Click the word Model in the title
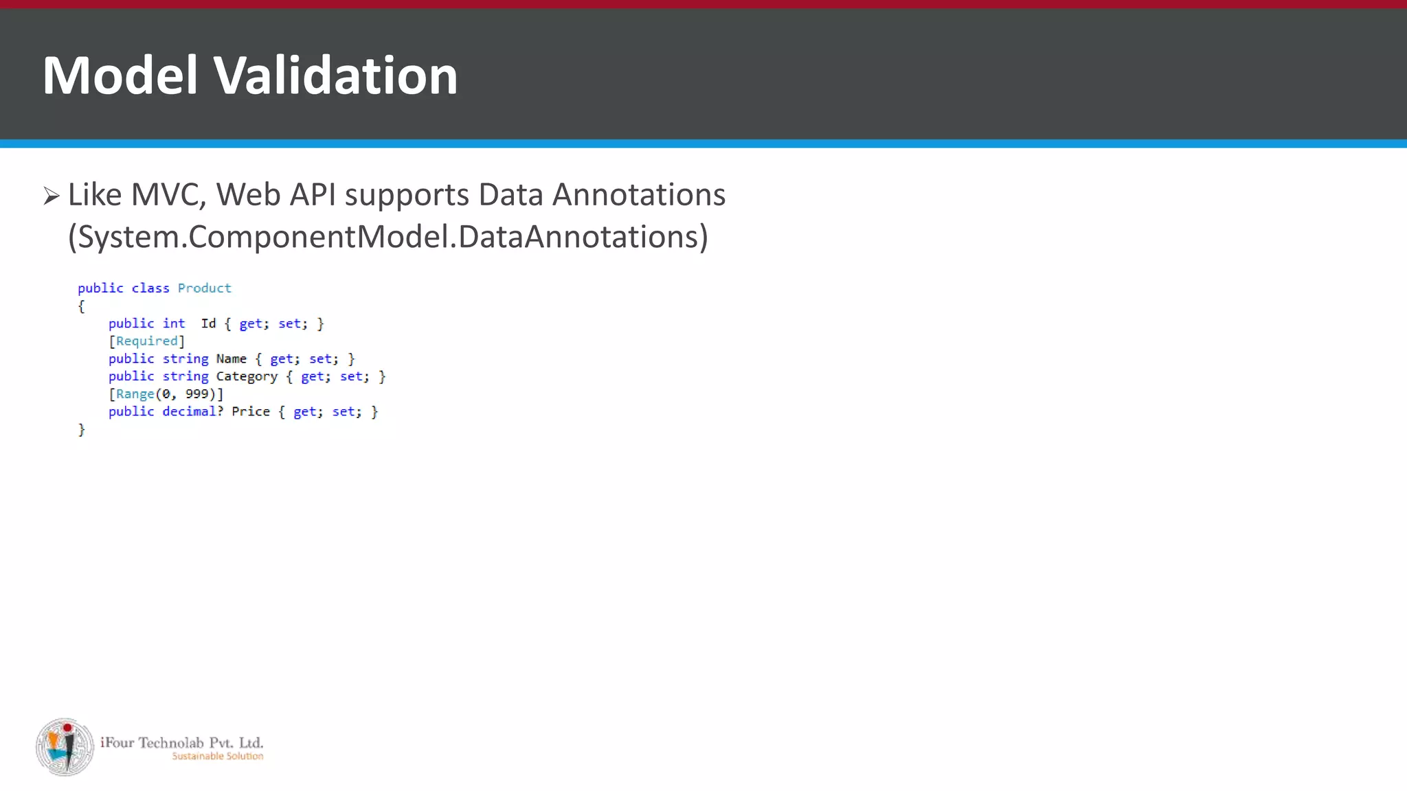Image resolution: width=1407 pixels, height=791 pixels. pos(120,76)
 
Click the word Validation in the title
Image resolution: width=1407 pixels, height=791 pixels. pos(336,76)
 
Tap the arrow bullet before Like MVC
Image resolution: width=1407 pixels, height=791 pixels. pos(52,196)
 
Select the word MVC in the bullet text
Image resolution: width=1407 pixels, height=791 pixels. pos(168,195)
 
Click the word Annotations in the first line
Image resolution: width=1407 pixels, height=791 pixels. pos(639,195)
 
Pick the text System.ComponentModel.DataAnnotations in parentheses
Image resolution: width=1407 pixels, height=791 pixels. pos(387,237)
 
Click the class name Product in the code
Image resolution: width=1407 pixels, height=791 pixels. pos(204,288)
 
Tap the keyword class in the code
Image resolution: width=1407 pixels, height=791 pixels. pos(150,288)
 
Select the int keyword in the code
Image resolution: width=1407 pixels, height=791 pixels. pos(174,323)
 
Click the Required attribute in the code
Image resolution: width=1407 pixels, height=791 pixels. pos(146,341)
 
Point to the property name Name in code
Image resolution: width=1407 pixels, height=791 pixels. pos(231,359)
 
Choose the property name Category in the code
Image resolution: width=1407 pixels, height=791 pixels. pos(247,377)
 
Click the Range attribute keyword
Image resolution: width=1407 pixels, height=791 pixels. pos(135,394)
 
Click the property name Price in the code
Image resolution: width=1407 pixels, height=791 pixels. pos(250,412)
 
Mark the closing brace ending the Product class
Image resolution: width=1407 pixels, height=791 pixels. pos(82,430)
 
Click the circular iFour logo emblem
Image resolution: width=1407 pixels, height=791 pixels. pos(65,747)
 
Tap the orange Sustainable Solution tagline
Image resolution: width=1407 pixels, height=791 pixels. pos(217,757)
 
